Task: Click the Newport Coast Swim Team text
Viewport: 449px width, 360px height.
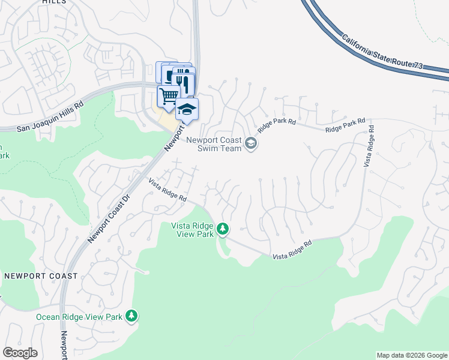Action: pyautogui.click(x=213, y=145)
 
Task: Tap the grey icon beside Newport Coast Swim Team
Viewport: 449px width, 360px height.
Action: pyautogui.click(x=251, y=144)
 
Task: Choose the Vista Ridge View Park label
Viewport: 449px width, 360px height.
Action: pyautogui.click(x=193, y=230)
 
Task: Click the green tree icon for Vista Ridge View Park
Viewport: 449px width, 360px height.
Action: pyautogui.click(x=223, y=229)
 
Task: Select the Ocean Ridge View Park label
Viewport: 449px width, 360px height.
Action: pyautogui.click(x=79, y=317)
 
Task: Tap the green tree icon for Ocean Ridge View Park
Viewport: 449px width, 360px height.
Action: pyautogui.click(x=131, y=316)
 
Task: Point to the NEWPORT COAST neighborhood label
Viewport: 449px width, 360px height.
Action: pyautogui.click(x=40, y=276)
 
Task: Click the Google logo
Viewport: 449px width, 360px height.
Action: pyautogui.click(x=20, y=353)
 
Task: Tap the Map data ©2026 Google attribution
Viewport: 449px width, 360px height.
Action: pyautogui.click(x=412, y=355)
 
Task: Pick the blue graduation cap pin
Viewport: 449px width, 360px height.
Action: pyautogui.click(x=187, y=109)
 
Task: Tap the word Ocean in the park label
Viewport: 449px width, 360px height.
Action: pyautogui.click(x=49, y=317)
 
